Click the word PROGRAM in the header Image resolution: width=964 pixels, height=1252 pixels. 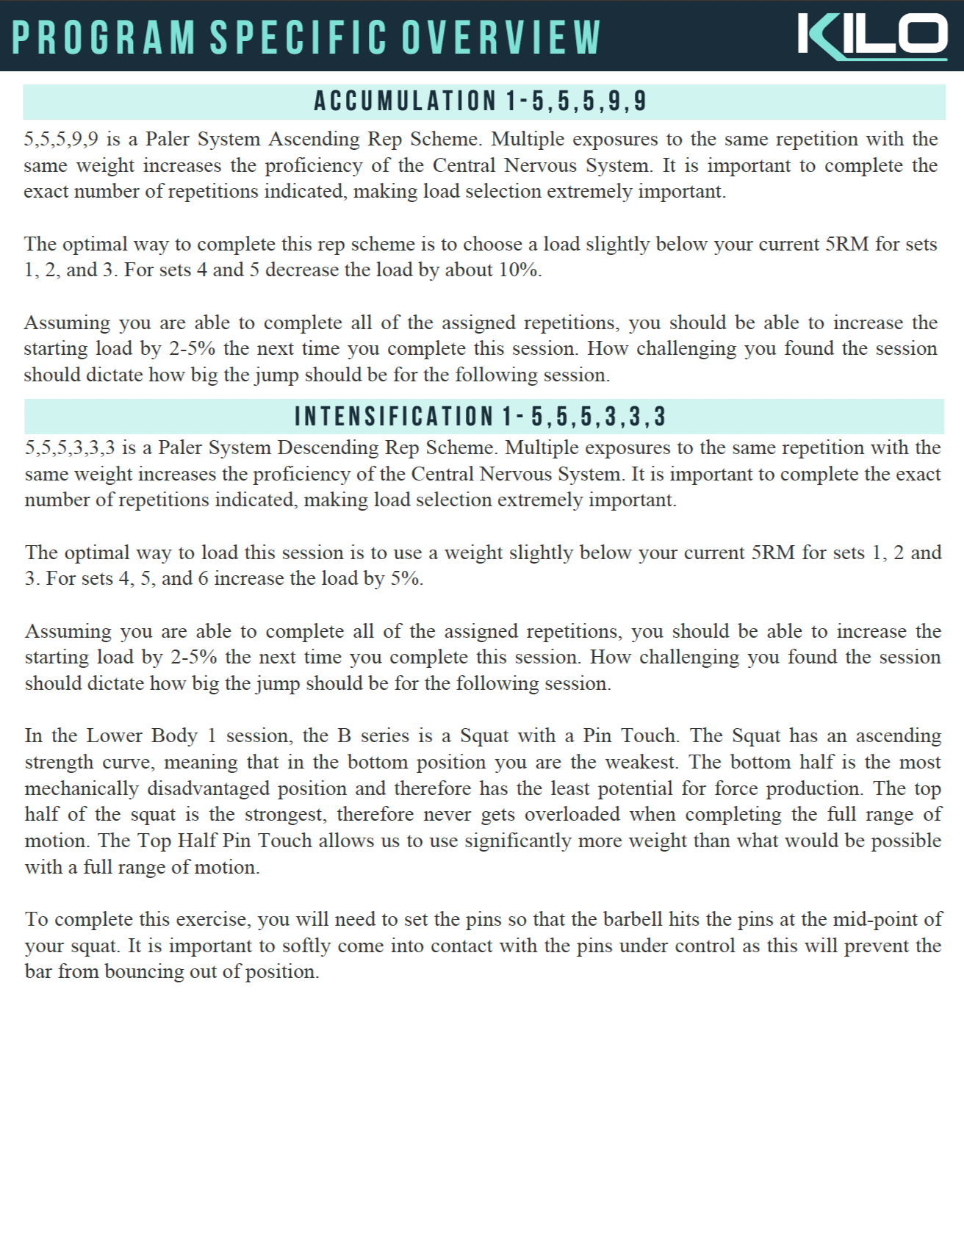click(x=104, y=37)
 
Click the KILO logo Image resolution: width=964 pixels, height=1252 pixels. click(x=872, y=36)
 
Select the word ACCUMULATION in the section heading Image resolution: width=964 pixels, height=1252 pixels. click(x=405, y=101)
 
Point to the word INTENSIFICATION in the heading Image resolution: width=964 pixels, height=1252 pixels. click(x=394, y=417)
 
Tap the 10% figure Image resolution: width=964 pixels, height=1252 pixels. click(x=519, y=270)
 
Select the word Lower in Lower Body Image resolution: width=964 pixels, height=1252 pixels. click(x=115, y=735)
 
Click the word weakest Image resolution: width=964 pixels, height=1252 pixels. click(x=638, y=762)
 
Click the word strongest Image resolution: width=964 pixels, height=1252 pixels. click(x=285, y=814)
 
